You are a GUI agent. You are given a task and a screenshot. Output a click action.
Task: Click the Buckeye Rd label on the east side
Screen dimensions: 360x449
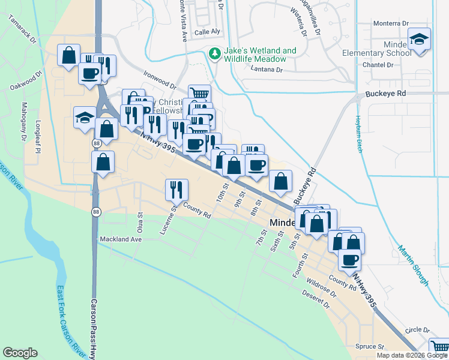point(385,94)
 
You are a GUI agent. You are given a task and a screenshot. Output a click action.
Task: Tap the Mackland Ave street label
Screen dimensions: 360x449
point(121,239)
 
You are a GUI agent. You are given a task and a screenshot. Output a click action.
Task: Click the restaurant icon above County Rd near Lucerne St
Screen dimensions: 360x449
point(177,190)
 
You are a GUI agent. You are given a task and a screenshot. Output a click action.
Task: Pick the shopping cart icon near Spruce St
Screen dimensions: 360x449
point(439,347)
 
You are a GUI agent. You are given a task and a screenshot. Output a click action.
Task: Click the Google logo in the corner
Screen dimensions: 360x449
point(20,353)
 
